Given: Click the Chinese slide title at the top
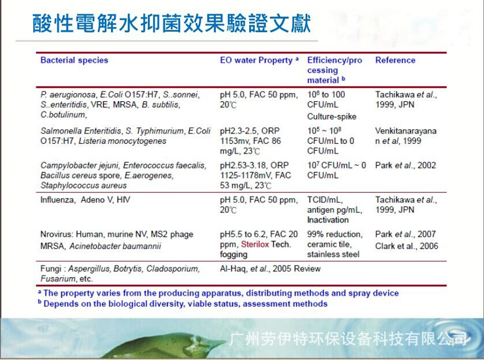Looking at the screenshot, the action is (x=171, y=23).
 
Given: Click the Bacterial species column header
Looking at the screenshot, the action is (x=75, y=60).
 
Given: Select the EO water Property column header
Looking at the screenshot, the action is (x=259, y=60).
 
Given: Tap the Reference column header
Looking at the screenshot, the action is (x=395, y=60).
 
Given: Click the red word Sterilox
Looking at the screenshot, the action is (x=255, y=244).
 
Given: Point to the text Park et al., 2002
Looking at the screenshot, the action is (x=405, y=165).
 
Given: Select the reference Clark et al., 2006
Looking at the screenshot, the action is (x=407, y=246).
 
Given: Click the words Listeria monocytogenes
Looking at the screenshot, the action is (x=122, y=141).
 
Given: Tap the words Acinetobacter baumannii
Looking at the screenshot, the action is (x=115, y=246).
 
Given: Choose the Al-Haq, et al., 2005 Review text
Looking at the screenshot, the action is (x=270, y=269).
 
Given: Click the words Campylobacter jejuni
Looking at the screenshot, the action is (x=79, y=165).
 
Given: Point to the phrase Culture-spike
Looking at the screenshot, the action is (x=332, y=117).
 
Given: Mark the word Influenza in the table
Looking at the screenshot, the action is (x=58, y=200).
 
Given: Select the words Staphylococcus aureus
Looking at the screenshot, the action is (x=83, y=185).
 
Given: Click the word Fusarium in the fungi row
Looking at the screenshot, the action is (x=58, y=279).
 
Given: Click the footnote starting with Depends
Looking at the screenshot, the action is (x=183, y=304).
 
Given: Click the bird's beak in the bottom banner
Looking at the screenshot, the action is (x=219, y=343).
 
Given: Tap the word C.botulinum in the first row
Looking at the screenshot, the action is (x=63, y=115).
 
